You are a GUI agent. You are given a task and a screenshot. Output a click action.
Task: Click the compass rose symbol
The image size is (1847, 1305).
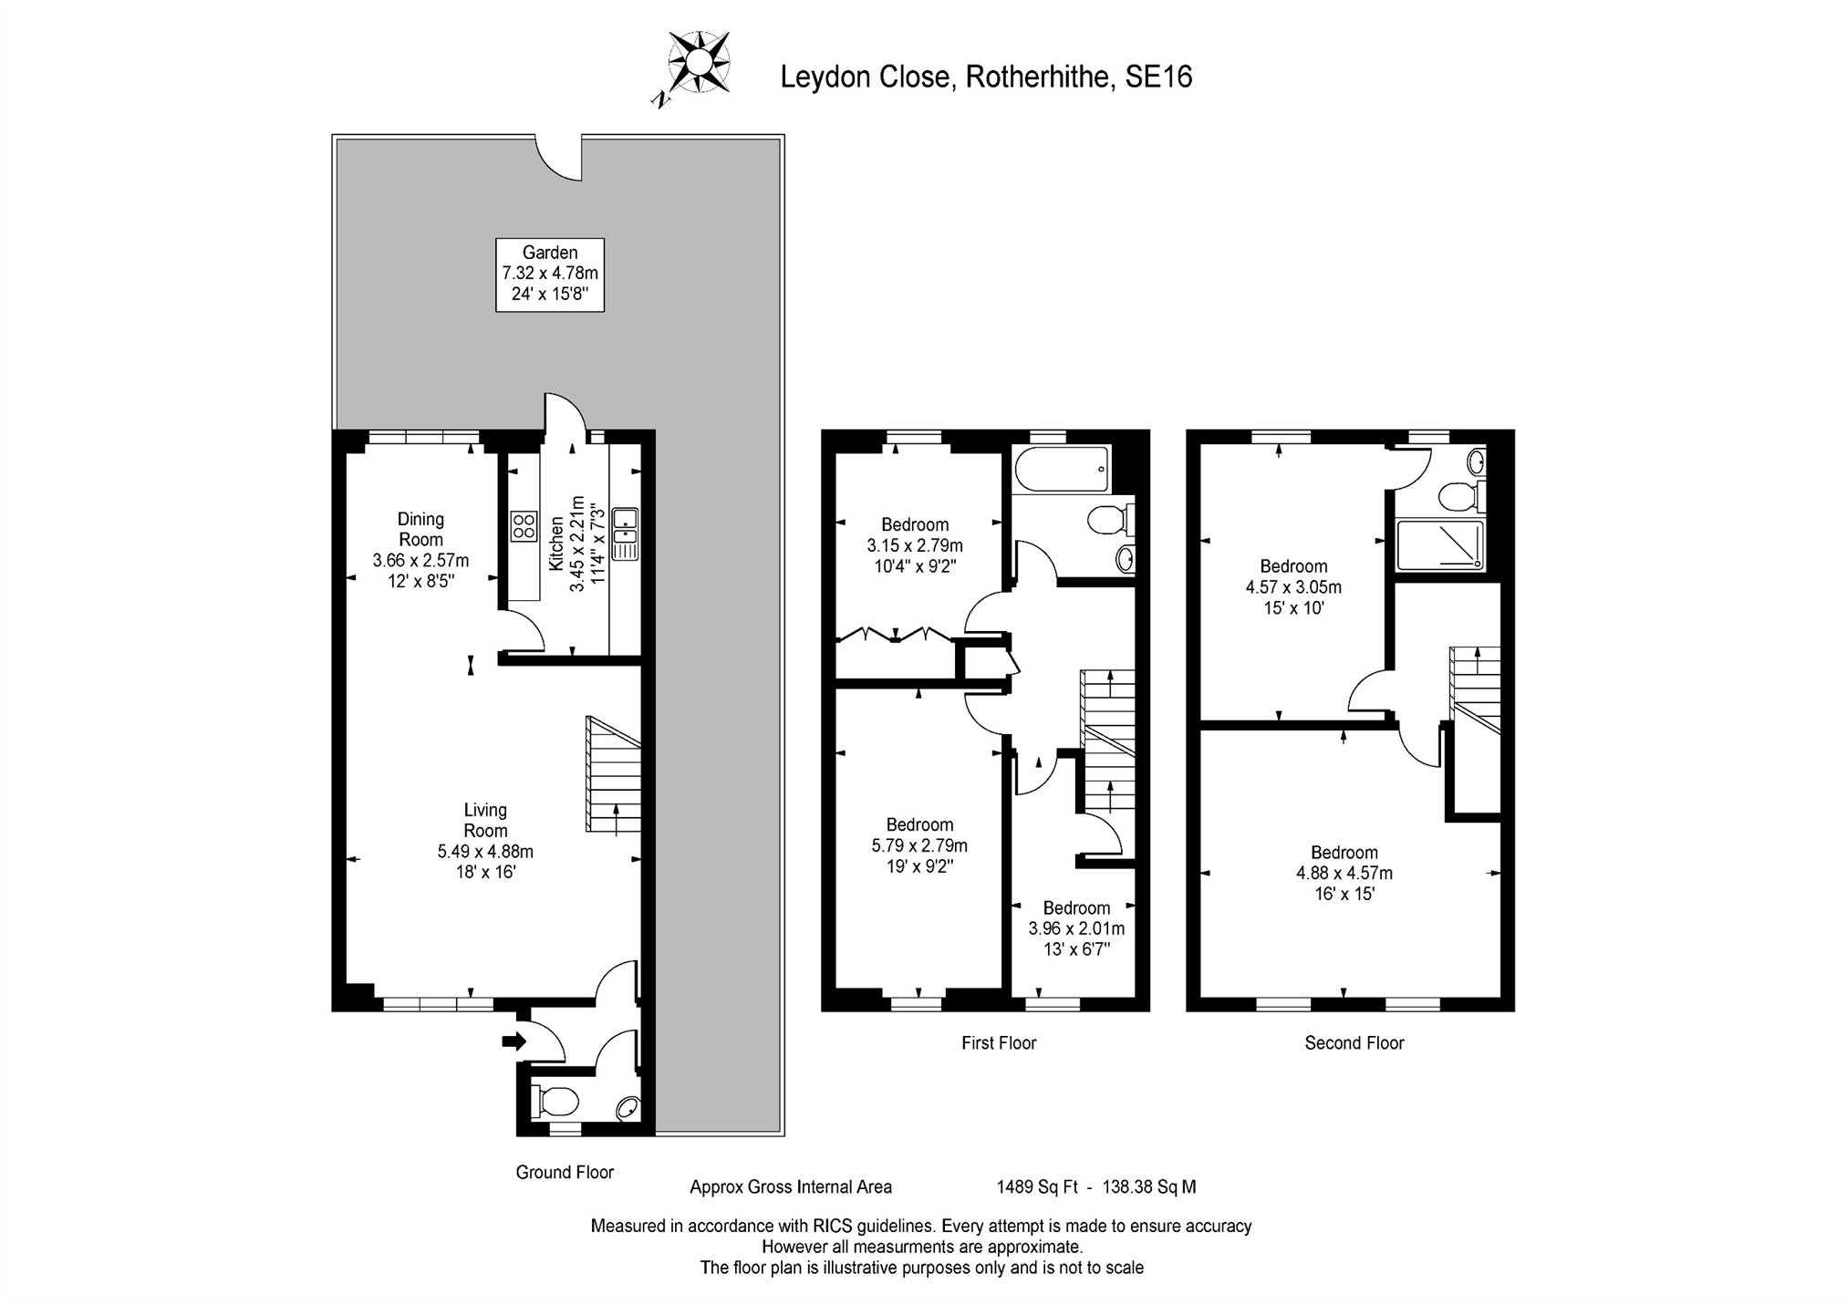point(699,63)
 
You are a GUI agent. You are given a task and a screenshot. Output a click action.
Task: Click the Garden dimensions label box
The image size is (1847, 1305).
point(550,274)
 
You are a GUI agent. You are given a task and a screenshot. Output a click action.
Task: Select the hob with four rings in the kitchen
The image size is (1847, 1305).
point(524,525)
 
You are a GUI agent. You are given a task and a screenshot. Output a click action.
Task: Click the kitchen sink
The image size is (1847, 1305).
point(626,533)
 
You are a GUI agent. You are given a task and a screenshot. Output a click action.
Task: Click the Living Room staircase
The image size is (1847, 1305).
point(613,775)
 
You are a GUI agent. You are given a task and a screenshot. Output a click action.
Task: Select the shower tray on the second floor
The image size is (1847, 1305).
point(1440,545)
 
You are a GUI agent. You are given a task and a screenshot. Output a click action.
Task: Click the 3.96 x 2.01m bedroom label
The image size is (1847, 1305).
point(1076,928)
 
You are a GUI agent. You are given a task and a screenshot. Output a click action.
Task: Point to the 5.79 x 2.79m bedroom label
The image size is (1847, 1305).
point(919,845)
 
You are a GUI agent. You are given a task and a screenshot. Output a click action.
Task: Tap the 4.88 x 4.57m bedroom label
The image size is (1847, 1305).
point(1344,873)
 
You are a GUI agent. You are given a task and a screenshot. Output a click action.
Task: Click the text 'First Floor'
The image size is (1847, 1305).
point(999,1042)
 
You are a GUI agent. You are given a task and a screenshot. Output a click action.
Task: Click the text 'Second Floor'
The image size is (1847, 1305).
point(1354,1042)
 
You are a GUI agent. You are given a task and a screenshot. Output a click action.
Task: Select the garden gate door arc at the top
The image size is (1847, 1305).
point(559,159)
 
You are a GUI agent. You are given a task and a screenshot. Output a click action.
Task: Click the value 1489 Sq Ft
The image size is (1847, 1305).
point(1036,1186)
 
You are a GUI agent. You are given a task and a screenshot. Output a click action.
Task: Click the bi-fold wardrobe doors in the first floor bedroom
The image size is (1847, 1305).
point(895,633)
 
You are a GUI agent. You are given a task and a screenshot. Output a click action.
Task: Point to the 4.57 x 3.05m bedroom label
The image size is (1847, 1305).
point(1293,586)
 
